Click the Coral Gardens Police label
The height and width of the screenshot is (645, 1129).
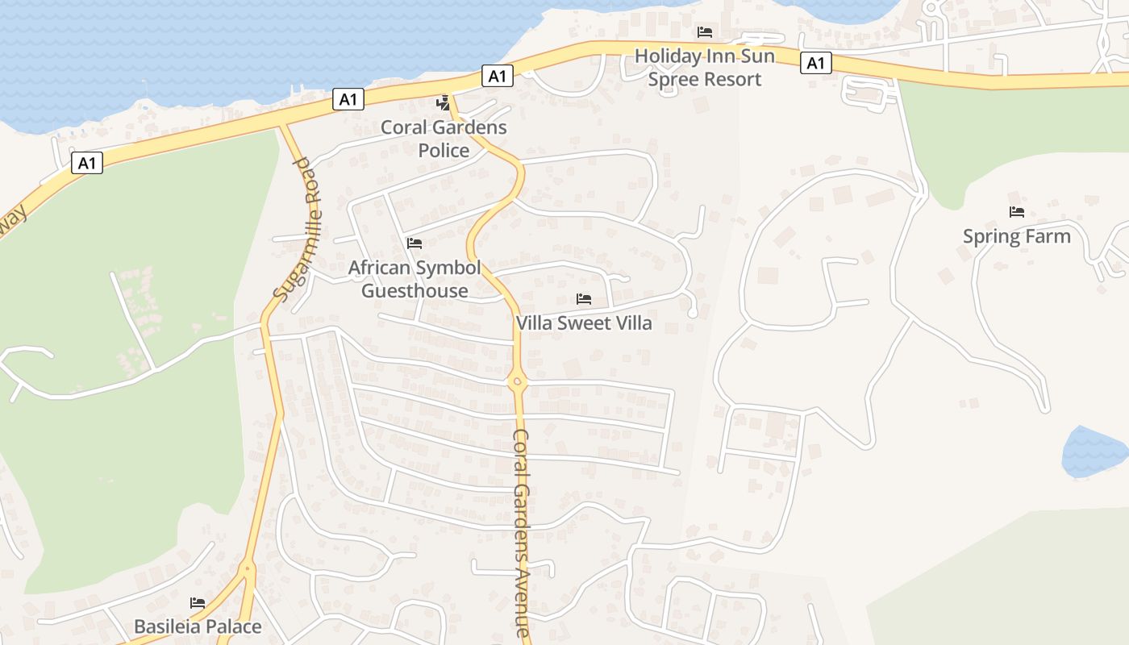point(444,139)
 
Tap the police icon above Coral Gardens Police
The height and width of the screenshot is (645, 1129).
point(443,102)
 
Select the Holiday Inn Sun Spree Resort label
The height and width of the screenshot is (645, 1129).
point(705,68)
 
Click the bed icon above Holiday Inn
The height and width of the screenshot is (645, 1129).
point(705,32)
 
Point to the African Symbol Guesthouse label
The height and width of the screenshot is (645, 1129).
point(415,279)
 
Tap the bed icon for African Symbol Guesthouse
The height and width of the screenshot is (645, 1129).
point(415,243)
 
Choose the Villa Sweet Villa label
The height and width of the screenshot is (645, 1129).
point(584,323)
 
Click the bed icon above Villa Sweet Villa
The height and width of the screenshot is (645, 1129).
point(584,299)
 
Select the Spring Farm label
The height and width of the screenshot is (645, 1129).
point(1016,236)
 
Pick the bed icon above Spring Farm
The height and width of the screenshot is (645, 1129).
point(1016,212)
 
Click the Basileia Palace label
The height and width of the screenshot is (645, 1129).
point(198,626)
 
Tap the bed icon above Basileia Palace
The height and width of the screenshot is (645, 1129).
point(198,602)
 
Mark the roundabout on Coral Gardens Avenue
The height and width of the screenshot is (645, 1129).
point(517,381)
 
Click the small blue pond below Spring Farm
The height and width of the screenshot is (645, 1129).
point(1094,452)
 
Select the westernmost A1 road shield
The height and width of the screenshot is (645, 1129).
point(87,164)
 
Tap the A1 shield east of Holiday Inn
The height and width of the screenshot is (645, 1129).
point(816,63)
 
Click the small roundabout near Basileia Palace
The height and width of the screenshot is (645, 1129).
point(247,569)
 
